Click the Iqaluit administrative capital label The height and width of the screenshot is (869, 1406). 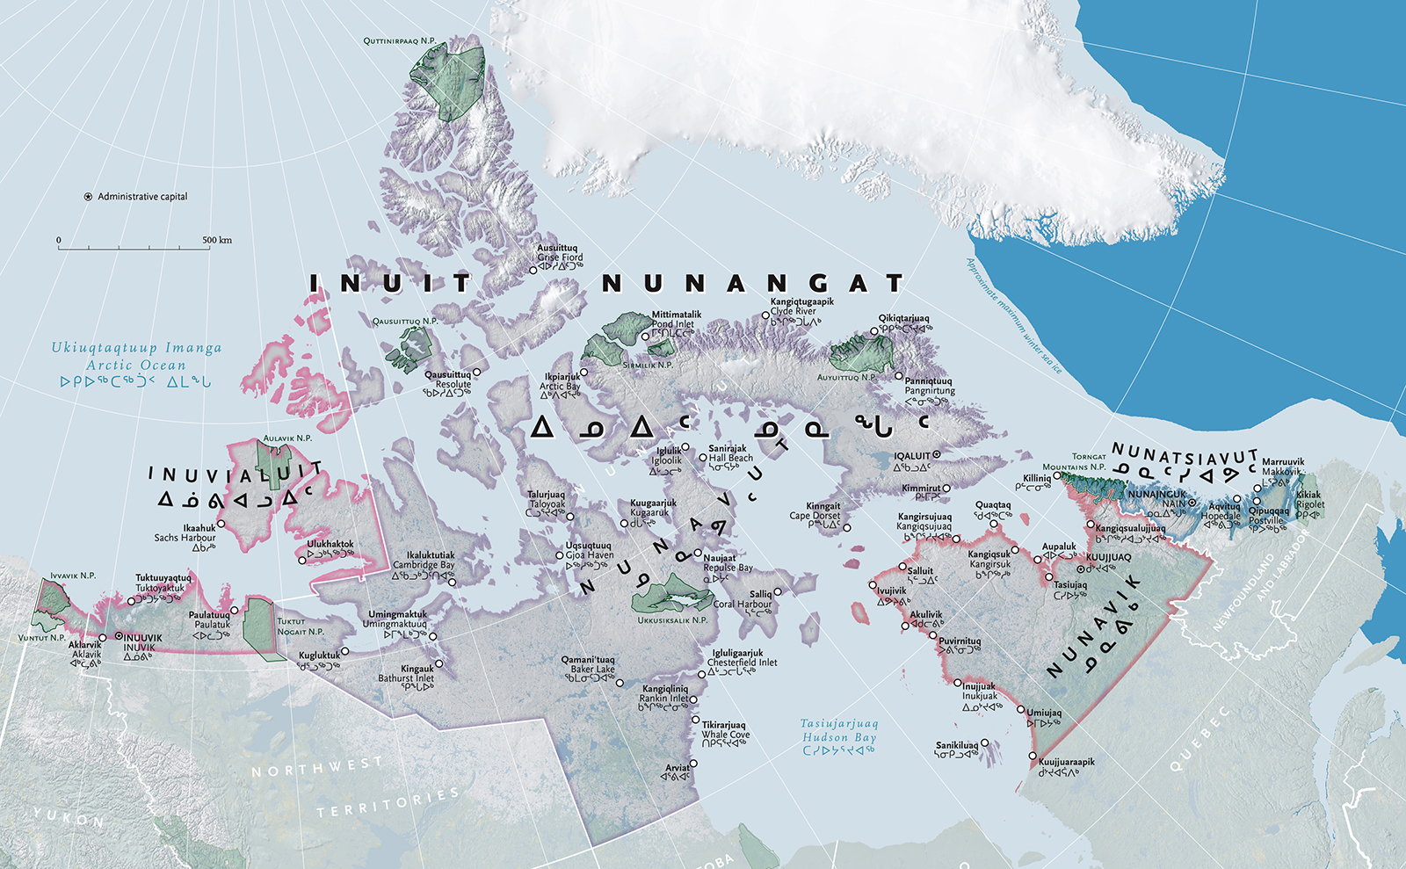click(912, 456)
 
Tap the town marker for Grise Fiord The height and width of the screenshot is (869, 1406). click(533, 270)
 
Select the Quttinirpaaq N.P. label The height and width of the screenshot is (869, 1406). click(400, 41)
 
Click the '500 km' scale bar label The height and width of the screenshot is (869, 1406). click(217, 240)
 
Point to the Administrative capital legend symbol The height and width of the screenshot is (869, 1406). click(88, 197)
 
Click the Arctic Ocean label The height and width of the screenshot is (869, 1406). click(136, 365)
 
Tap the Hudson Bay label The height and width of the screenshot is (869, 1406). click(839, 737)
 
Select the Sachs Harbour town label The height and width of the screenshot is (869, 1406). click(185, 538)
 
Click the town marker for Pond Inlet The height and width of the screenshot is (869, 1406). click(645, 336)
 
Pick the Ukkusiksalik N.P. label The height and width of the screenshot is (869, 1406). click(672, 620)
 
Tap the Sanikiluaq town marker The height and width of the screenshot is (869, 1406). click(984, 742)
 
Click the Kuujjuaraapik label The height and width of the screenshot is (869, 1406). click(1067, 762)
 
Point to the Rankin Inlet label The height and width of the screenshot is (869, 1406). click(664, 699)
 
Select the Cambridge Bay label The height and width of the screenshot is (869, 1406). click(424, 565)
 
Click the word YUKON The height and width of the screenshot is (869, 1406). click(69, 818)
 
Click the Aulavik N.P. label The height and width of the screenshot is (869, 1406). click(287, 438)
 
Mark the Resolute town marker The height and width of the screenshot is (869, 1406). click(476, 373)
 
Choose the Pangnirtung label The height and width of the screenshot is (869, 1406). click(930, 391)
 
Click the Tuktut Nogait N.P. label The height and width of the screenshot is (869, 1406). click(301, 626)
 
